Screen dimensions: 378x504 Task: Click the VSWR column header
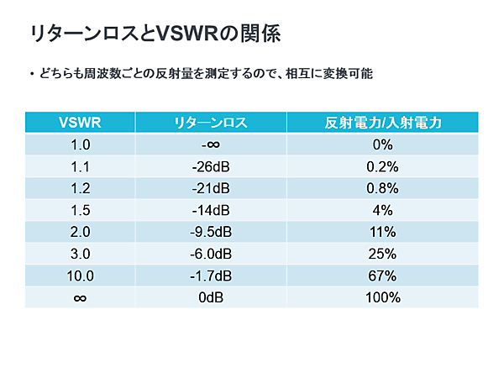[x=81, y=123]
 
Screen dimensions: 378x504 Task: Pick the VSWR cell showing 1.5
[x=81, y=210]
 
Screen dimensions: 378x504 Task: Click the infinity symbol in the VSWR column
[x=81, y=297]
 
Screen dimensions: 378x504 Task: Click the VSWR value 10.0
[x=81, y=276]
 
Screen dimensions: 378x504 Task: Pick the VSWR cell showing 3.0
[x=81, y=254]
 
